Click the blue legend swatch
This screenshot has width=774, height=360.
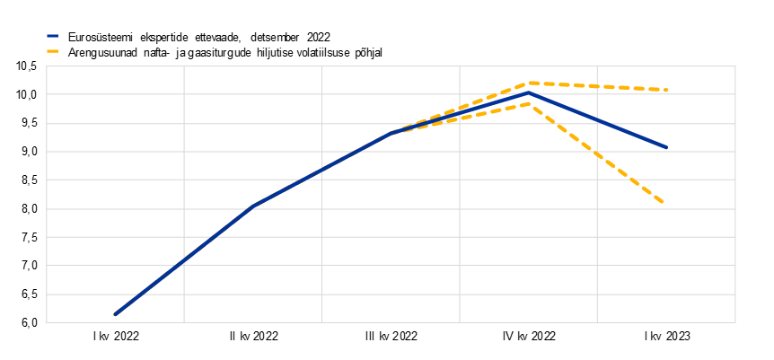click(x=52, y=36)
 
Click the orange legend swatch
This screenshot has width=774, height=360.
click(x=52, y=51)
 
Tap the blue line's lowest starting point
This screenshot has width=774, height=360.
click(x=115, y=314)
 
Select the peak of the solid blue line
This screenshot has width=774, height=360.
click(x=530, y=92)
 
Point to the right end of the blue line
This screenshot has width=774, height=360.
click(x=667, y=147)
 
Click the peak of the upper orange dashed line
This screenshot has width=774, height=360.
click(x=531, y=83)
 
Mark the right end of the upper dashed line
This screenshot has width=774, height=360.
click(x=667, y=90)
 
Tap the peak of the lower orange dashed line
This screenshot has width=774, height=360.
click(x=530, y=104)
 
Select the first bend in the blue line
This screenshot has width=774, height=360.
click(x=253, y=206)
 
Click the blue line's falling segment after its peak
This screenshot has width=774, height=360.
click(x=598, y=119)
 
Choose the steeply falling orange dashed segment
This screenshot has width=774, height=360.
click(x=597, y=154)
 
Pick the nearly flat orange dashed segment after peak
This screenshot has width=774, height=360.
click(x=598, y=86)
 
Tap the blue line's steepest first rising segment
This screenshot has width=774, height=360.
click(x=184, y=260)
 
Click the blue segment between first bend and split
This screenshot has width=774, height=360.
click(x=321, y=170)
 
